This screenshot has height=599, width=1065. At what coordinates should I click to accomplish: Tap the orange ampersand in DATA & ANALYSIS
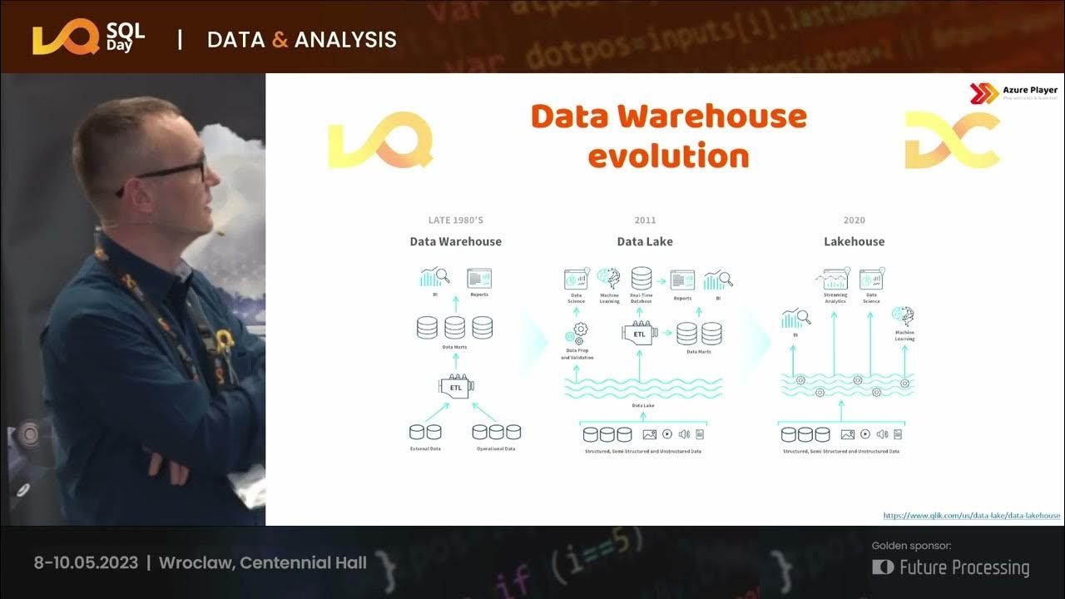[280, 39]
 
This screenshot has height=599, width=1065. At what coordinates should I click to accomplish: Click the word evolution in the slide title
[670, 155]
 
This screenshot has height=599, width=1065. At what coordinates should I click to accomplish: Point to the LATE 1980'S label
[455, 220]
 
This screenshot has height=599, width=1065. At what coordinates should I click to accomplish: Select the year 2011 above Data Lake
[645, 220]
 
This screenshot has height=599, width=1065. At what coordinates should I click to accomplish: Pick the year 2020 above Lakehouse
[854, 220]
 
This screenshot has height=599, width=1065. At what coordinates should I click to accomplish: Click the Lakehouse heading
[854, 241]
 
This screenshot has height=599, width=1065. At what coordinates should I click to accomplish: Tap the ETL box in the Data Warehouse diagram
[456, 387]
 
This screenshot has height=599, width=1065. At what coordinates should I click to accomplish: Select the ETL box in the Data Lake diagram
[639, 334]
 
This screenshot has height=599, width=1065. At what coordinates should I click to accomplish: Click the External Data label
[425, 448]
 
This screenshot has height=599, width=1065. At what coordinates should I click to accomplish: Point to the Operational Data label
[496, 448]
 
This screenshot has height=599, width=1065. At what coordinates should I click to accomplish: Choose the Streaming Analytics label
[835, 298]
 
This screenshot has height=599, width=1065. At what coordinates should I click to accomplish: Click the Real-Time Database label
[641, 298]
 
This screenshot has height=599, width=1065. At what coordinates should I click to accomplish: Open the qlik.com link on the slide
[971, 516]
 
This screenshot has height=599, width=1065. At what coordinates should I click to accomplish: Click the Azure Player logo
[1013, 93]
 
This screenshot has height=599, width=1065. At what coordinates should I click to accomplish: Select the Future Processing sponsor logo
[951, 567]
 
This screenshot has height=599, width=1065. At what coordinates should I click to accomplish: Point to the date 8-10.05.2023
[86, 562]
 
